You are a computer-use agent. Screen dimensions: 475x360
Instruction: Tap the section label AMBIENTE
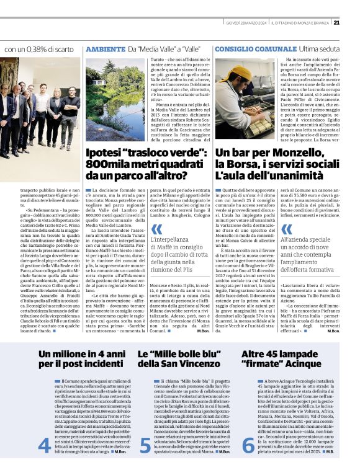click(x=104, y=48)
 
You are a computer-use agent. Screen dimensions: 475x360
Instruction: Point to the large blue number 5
click(x=145, y=462)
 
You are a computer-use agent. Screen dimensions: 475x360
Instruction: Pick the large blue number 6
click(x=248, y=462)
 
